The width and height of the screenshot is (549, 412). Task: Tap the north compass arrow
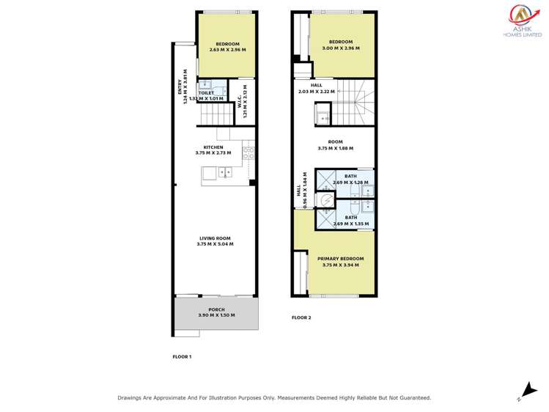point(525,391)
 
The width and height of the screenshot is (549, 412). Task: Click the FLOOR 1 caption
point(181,356)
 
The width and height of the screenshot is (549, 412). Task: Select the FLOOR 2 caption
point(301,317)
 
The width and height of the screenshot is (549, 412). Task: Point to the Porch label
point(215,312)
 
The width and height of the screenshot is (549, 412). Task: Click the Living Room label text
point(215,240)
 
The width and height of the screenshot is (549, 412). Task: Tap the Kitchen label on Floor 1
point(213,150)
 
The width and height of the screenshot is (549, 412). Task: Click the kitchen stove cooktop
point(248,153)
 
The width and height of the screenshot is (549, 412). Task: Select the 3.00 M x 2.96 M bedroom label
point(341,45)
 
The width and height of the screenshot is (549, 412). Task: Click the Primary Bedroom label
point(341,262)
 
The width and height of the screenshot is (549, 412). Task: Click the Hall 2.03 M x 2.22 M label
point(317,89)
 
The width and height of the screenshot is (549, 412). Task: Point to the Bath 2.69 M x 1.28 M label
point(350,180)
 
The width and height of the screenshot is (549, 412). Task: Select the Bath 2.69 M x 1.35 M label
point(350,221)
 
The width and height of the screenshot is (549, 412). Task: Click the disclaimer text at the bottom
point(274,398)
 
